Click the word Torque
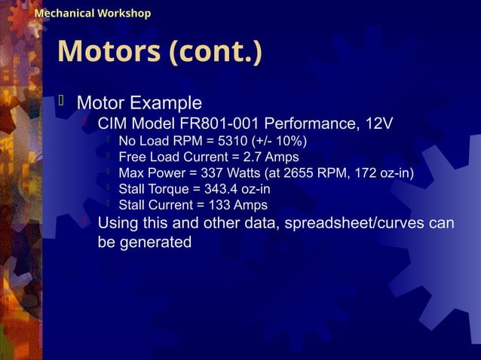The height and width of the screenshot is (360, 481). [170, 189]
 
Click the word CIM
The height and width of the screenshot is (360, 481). [113, 124]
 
